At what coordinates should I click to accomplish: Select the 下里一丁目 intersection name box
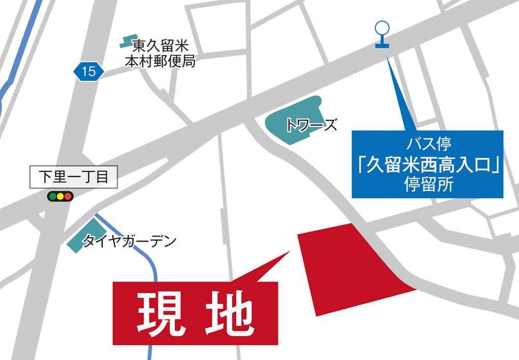click(74, 177)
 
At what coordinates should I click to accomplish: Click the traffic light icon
click(60, 197)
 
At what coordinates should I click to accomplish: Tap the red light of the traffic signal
click(69, 197)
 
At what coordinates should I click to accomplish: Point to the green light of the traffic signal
click(52, 197)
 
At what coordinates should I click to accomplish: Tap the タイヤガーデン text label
click(130, 241)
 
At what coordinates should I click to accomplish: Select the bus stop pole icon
click(382, 35)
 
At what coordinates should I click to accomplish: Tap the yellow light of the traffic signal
click(60, 197)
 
